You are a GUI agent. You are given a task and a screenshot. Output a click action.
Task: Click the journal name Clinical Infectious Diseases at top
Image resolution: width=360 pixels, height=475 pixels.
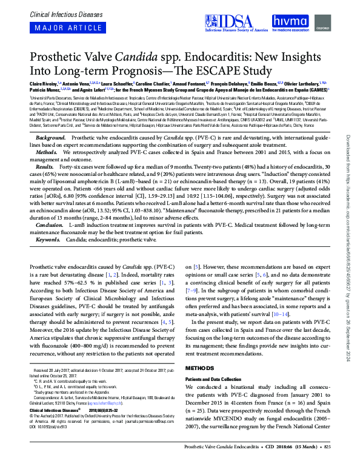tap(58, 12)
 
